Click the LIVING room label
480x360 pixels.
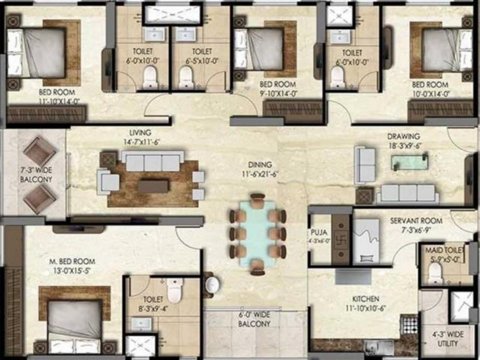click(x=140, y=132)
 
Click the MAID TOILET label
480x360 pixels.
click(x=444, y=250)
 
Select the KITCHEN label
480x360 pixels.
click(x=366, y=299)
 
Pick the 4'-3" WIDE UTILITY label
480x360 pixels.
click(x=448, y=339)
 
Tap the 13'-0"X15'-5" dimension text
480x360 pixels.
click(x=72, y=270)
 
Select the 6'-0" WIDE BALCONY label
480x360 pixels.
click(x=254, y=320)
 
